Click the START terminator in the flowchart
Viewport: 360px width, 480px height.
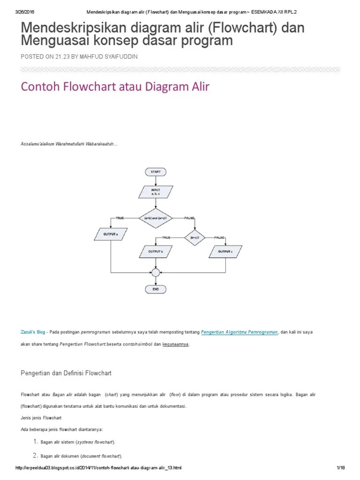coord(156,172)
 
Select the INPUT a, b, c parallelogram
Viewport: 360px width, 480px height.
coord(156,192)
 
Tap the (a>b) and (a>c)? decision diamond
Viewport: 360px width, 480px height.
coord(155,218)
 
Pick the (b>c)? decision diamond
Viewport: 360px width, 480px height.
coord(195,238)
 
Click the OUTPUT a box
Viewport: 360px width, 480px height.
coord(110,233)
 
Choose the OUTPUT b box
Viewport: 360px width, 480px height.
coord(156,252)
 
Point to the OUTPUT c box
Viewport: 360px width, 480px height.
coord(225,252)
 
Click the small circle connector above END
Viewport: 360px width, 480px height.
coord(156,272)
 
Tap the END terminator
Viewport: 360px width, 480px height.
coord(156,290)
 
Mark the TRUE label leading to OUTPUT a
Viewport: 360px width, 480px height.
coord(120,218)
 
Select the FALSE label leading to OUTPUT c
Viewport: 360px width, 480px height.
coord(219,238)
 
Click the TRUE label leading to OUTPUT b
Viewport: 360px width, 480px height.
coord(166,238)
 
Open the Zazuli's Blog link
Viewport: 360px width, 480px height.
coord(33,332)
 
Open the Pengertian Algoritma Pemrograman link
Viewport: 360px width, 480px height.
coord(239,332)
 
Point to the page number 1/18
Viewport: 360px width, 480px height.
coord(341,468)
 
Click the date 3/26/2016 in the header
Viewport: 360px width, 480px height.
coord(26,12)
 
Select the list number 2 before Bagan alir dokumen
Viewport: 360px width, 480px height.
coord(35,455)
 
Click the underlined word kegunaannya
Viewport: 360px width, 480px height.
coord(176,345)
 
